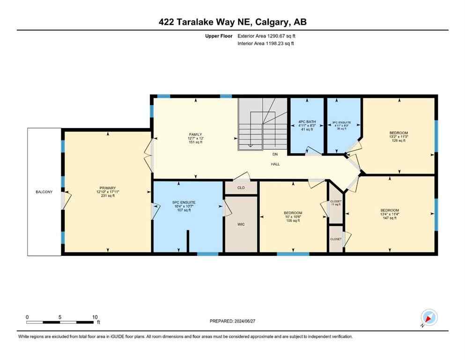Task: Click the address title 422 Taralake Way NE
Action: (232, 22)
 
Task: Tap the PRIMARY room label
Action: (107, 188)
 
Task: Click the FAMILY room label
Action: (195, 135)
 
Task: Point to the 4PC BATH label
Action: (307, 122)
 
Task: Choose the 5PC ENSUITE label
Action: (184, 202)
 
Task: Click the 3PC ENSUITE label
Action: (341, 123)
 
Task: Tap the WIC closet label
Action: (241, 225)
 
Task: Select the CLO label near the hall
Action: (241, 187)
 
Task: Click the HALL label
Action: (275, 164)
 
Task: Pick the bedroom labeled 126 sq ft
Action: (399, 133)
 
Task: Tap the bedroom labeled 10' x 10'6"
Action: (292, 213)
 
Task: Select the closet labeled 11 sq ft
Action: (336, 202)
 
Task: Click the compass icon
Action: (429, 318)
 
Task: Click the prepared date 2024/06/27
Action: (232, 321)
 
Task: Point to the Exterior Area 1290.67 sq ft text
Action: (266, 36)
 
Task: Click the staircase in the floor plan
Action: (262, 124)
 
